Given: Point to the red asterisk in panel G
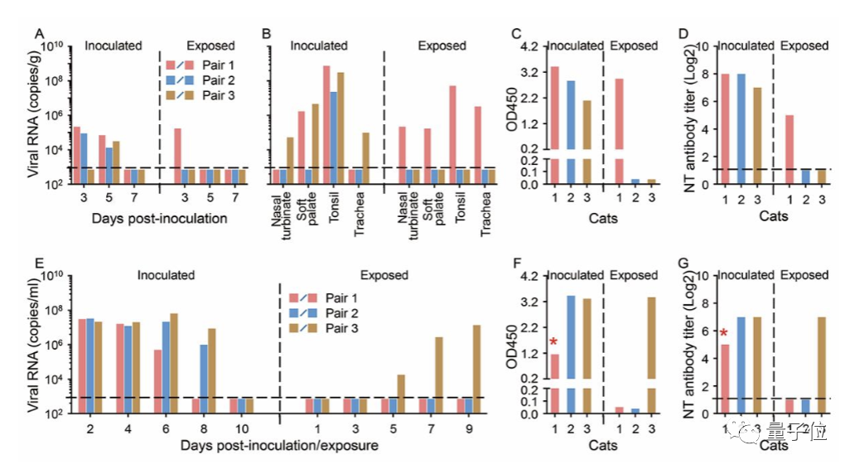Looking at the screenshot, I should coord(723,334).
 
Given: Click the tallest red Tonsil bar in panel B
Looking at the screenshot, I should coord(302,117).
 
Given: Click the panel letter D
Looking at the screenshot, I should coord(684,34).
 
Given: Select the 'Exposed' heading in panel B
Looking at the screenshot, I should coord(442,46).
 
